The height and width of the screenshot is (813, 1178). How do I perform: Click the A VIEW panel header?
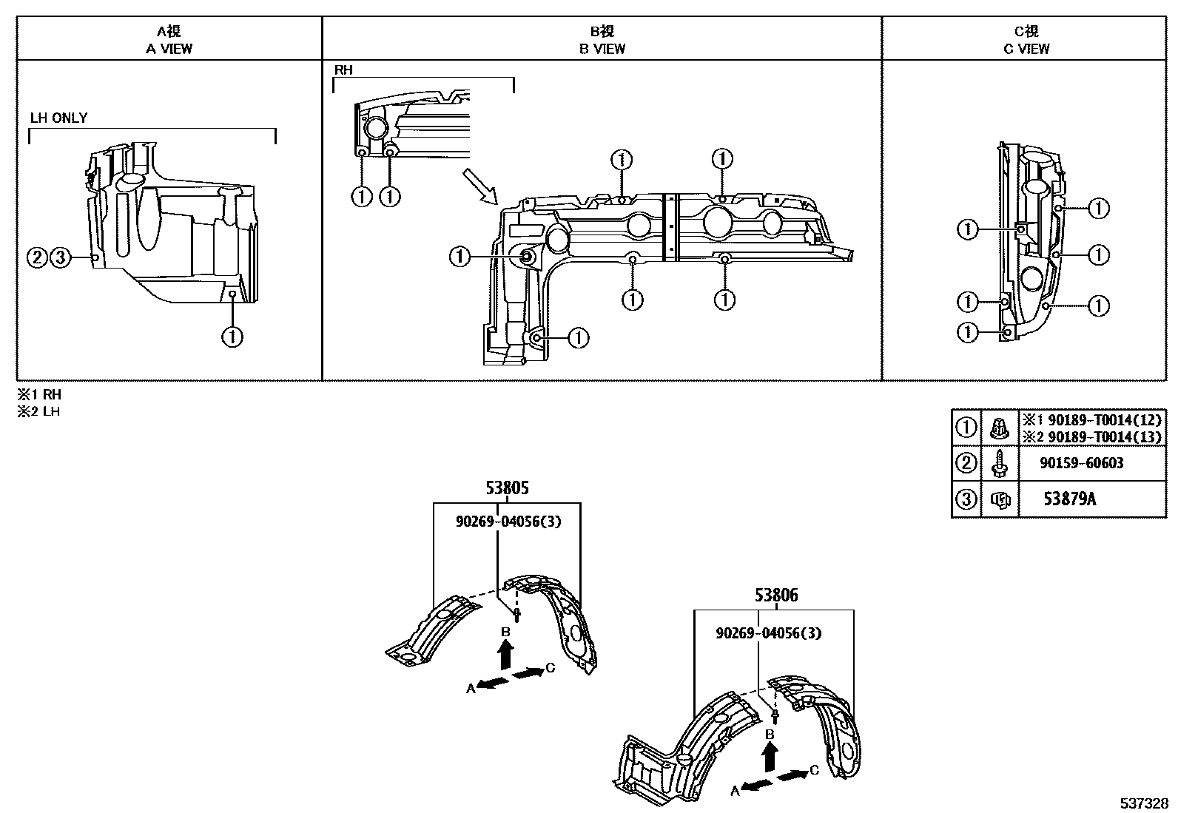point(169,40)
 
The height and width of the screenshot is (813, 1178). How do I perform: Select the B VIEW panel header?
point(602,40)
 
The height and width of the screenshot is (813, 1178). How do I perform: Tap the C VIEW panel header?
point(1026,40)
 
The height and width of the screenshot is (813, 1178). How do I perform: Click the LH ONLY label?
point(59,118)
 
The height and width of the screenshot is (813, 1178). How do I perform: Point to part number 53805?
point(507,488)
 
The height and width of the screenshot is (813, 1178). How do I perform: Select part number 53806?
point(776,596)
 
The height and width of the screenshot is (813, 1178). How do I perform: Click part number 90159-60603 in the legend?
point(1082,463)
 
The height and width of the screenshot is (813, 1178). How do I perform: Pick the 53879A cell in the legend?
point(1070,499)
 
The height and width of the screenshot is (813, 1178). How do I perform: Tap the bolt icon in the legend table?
point(999,463)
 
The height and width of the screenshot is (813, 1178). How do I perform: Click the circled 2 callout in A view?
point(37,257)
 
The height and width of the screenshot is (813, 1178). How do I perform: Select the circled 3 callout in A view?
point(61,257)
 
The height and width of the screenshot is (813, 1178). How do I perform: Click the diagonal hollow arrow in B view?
point(479,186)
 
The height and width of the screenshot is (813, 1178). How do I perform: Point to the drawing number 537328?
point(1144,803)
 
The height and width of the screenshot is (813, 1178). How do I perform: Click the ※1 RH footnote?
point(39,394)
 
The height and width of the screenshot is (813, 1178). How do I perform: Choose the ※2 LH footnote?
point(39,411)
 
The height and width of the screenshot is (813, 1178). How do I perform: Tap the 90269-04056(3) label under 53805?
point(508,521)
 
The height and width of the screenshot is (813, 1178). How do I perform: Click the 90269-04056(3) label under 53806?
point(768,633)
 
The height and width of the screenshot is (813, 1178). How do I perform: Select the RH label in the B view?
point(343,70)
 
